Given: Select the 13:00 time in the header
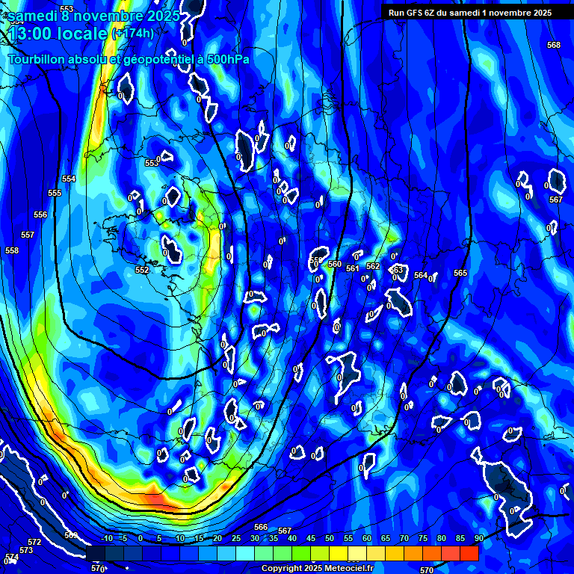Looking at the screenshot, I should (x=32, y=34).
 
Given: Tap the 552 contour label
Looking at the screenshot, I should (x=142, y=270).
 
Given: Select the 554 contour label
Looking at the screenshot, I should (x=69, y=179).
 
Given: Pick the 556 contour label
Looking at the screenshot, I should (x=40, y=215).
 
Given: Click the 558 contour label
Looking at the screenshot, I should (x=12, y=251).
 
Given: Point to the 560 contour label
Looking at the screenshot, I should (x=335, y=265).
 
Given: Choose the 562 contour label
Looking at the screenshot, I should (x=373, y=267).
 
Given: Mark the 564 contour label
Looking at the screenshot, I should (x=421, y=276).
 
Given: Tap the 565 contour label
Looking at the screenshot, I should (x=460, y=274).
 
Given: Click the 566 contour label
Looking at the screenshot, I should (x=261, y=528).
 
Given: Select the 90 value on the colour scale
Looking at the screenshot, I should (x=478, y=538).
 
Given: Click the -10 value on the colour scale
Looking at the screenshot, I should (x=107, y=538).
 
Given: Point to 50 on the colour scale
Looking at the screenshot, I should (x=330, y=538).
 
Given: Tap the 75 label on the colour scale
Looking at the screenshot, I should (x=422, y=538).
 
